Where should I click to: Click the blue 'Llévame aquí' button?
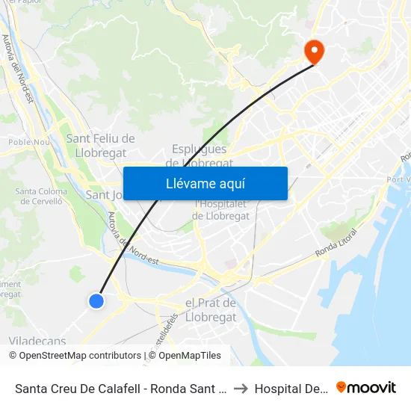[205, 183]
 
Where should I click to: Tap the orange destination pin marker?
[314, 52]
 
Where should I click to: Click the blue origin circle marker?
[96, 300]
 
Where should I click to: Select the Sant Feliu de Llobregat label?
[100, 144]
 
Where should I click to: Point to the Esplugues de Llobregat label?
[200, 155]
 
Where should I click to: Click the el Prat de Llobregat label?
[210, 310]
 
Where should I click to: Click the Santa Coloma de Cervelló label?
[41, 196]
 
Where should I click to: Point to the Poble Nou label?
[28, 141]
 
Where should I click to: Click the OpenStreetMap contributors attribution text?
[80, 356]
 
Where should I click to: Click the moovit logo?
[365, 387]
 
